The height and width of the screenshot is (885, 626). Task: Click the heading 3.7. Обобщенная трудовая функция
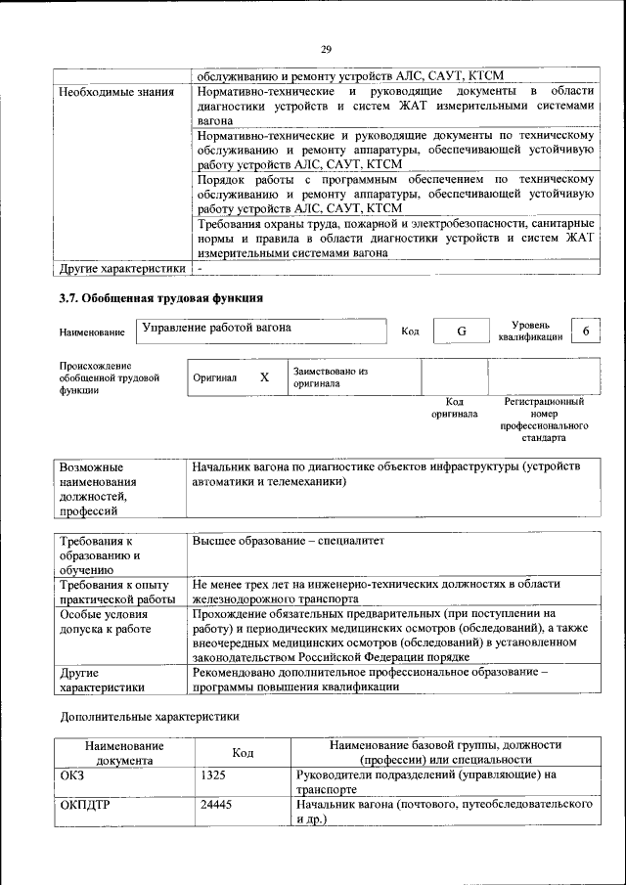point(161,297)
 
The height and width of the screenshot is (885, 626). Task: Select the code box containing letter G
point(461,332)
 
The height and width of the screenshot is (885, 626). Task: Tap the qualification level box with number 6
point(585,332)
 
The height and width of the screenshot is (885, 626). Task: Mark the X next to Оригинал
point(263,376)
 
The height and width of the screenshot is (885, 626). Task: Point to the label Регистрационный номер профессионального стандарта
point(544,420)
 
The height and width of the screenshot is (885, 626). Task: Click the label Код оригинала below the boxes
point(454,407)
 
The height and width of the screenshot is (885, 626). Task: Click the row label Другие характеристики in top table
point(121,268)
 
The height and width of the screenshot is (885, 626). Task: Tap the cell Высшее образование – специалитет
point(290,540)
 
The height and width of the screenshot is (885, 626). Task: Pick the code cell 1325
point(213,774)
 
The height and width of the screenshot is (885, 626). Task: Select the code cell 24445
point(216,804)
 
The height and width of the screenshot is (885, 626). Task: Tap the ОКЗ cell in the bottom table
point(73,774)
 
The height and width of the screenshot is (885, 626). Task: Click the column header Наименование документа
point(123,752)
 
